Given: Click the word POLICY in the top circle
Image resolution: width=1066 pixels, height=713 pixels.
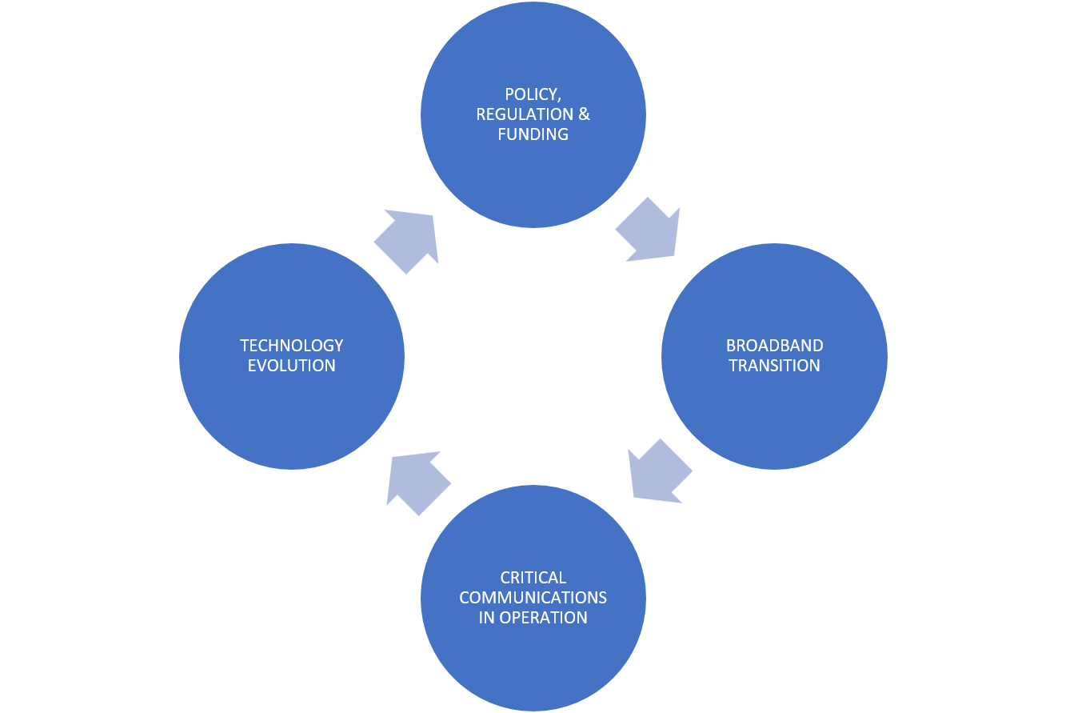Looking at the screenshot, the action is point(531,94).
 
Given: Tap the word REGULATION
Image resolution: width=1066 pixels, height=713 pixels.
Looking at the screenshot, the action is point(525,114).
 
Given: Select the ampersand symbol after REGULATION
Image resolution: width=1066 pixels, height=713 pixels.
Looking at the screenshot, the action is point(584,114).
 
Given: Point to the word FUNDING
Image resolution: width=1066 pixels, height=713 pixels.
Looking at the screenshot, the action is point(533,134).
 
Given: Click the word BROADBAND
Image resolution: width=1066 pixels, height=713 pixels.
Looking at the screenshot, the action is point(774,346).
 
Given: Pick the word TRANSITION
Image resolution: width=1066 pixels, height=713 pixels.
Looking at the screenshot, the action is point(774,366).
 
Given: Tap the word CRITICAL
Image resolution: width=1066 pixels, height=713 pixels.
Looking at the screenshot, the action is point(533,577).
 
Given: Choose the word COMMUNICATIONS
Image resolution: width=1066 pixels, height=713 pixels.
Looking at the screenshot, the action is point(533,597).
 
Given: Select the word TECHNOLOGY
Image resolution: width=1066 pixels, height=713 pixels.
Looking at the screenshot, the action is point(291,346).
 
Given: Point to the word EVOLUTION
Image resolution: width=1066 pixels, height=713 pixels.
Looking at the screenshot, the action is point(291,366).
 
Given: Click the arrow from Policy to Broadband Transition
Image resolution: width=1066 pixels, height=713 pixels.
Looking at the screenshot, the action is point(649,230).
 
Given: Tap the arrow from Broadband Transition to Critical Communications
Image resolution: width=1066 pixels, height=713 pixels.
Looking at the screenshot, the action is point(659,471).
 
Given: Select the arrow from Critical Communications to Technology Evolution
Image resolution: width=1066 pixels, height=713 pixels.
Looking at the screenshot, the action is point(417,482).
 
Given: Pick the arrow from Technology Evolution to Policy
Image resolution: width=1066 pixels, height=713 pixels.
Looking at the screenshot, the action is point(407,241).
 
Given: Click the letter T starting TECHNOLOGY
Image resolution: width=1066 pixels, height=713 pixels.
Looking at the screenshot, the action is point(245,346).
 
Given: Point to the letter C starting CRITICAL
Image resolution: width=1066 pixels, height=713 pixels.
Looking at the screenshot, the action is point(505,577).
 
